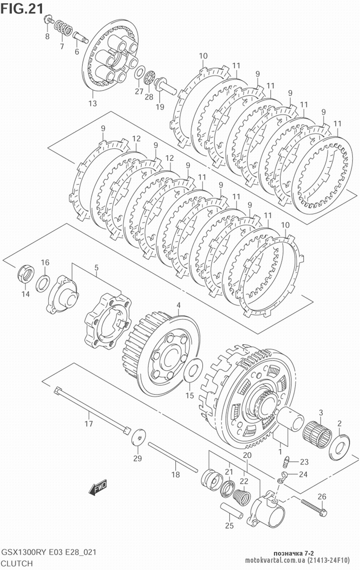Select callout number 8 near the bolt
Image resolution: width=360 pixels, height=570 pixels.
coord(47,37)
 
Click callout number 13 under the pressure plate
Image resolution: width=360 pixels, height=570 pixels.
coord(93,103)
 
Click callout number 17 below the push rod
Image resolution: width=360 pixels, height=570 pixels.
coord(89,423)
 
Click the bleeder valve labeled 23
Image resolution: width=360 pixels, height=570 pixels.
coord(286,461)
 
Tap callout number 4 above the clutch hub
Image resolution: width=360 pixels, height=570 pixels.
coord(179,305)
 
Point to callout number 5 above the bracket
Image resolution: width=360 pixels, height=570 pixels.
coord(96,268)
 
